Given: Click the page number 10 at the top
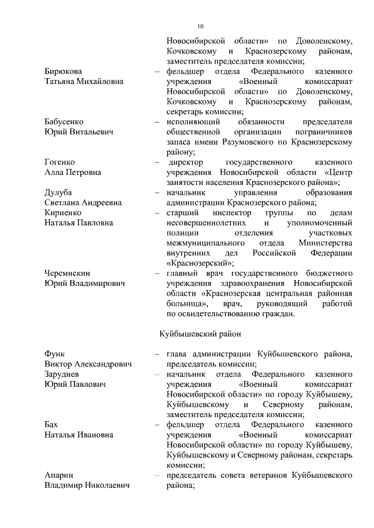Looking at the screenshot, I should coord(200,26).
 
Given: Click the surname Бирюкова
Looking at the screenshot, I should coord(63,71).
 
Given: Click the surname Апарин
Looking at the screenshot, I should coord(59,475).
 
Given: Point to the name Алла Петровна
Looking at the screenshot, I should coord(72,173).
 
